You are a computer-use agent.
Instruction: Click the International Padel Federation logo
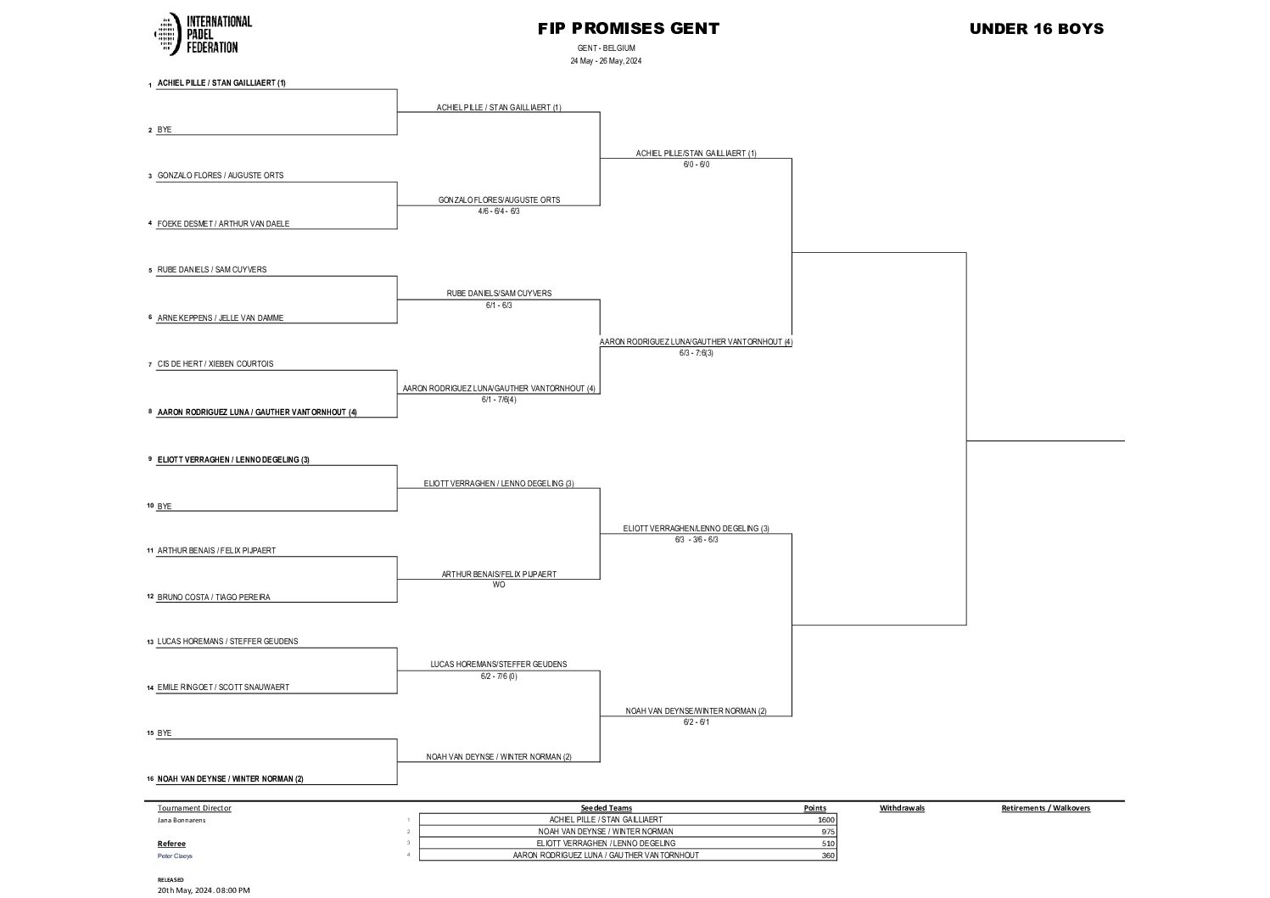click(203, 34)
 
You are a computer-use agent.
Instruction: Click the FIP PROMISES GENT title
click(628, 29)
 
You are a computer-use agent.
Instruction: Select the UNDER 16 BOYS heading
click(1036, 29)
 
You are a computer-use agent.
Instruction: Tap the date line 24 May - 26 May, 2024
click(606, 61)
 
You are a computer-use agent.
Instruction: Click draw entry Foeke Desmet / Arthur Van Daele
click(223, 224)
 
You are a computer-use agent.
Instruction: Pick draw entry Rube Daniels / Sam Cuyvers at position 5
click(212, 270)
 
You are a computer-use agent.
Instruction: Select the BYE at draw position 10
click(165, 507)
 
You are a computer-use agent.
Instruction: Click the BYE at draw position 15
click(165, 733)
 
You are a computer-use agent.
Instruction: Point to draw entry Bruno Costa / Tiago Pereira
click(214, 598)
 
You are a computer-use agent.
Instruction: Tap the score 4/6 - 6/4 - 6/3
click(499, 211)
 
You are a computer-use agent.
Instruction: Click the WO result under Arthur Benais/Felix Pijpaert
click(499, 585)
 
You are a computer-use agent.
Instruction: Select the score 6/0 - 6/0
click(696, 165)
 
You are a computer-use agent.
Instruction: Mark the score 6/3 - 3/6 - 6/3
click(696, 540)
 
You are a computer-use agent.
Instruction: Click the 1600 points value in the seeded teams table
click(825, 820)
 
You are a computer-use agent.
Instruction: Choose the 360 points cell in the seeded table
click(827, 856)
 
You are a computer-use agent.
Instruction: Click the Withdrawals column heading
click(902, 808)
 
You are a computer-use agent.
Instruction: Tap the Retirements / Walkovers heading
click(1045, 808)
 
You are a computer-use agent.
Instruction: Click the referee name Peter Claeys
click(175, 856)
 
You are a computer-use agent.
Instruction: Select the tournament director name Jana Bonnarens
click(182, 820)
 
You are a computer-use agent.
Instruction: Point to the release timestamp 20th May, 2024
click(204, 890)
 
